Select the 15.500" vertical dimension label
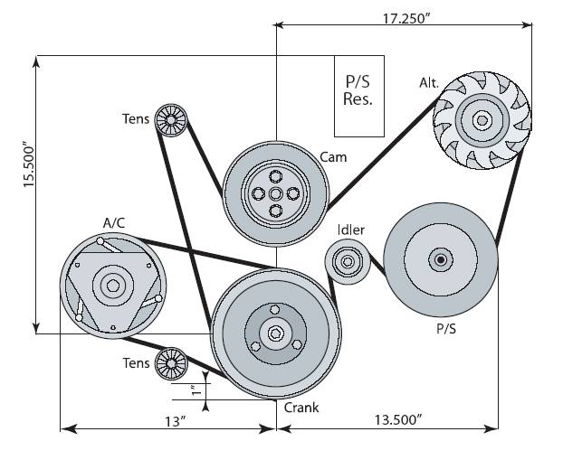click(29, 164)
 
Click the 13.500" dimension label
click(398, 420)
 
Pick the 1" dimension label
click(192, 390)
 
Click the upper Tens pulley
click(170, 119)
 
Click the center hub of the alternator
click(481, 119)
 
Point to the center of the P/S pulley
click(441, 260)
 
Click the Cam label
click(334, 156)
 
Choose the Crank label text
click(301, 408)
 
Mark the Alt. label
click(429, 83)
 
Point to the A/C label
click(116, 221)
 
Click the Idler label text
click(350, 230)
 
